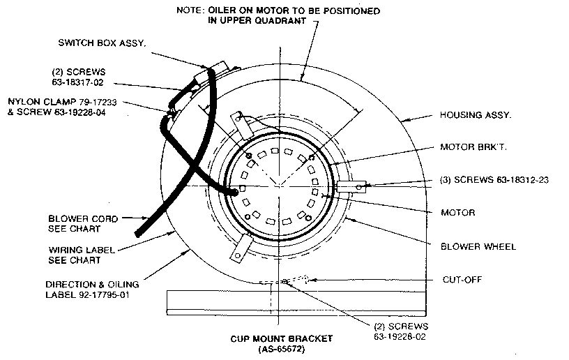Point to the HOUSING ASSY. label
pyautogui.click(x=475, y=116)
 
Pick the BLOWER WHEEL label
pyautogui.click(x=478, y=246)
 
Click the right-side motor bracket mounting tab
pyautogui.click(x=351, y=186)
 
